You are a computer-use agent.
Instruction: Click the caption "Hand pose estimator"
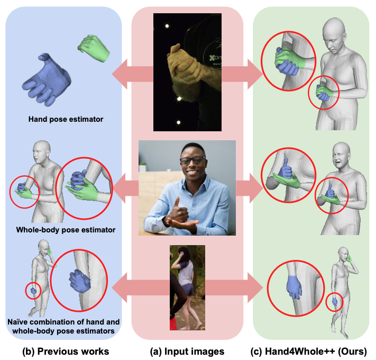click(x=66, y=119)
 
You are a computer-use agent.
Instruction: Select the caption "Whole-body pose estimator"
click(x=66, y=230)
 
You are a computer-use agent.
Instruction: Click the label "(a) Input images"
click(x=187, y=351)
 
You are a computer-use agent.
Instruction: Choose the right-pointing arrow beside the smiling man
click(x=249, y=188)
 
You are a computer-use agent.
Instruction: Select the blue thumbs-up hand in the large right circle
click(x=284, y=168)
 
